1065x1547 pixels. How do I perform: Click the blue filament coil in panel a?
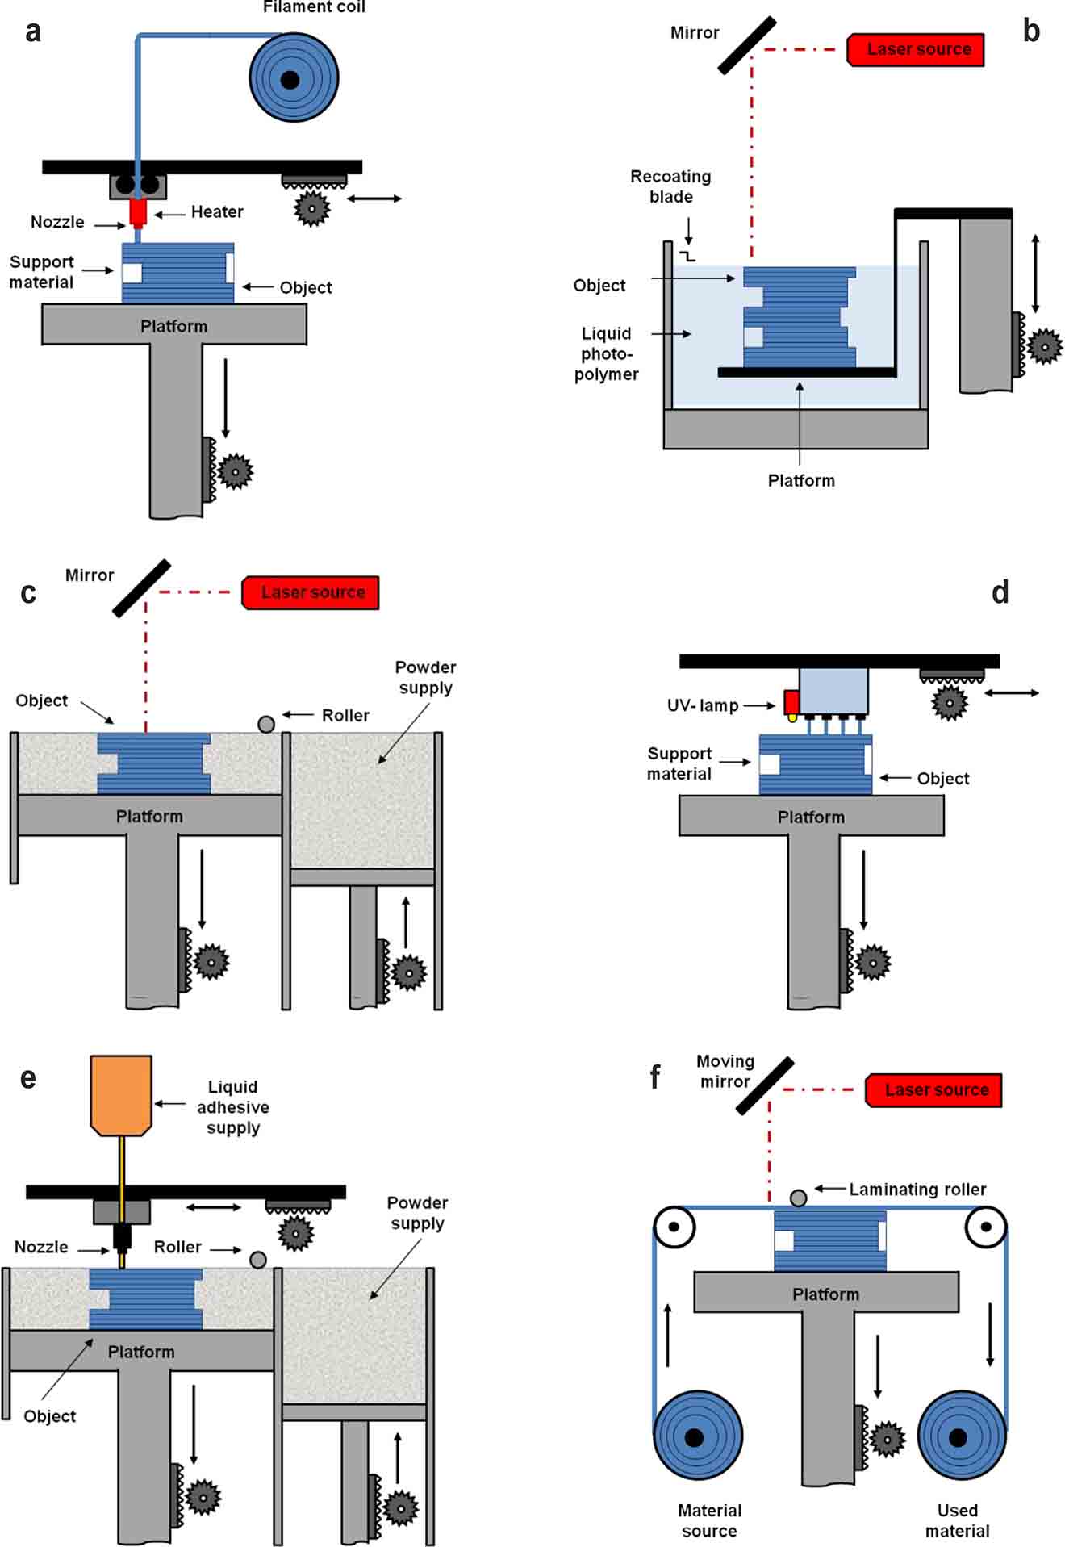pos(294,78)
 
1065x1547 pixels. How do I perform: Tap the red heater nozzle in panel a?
pos(138,213)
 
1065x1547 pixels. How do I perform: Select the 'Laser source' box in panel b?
pos(917,49)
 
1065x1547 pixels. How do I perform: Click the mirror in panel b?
pos(747,46)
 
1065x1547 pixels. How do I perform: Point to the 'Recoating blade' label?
pos(670,186)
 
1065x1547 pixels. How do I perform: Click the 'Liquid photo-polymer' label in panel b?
pos(607,353)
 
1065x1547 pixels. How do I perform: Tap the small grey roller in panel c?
pos(266,724)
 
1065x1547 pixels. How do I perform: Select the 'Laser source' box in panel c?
pos(311,592)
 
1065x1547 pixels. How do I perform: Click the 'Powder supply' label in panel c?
pos(425,677)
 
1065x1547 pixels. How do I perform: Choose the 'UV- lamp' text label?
pos(703,705)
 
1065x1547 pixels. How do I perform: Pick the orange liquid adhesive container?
pos(121,1094)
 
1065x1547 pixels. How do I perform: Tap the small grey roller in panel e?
pos(258,1259)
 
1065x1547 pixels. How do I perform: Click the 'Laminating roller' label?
pos(917,1189)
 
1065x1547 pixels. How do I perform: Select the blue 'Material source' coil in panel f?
pos(697,1435)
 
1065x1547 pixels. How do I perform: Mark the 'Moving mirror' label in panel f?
pos(725,1071)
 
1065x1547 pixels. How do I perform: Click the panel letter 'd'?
pos(1000,592)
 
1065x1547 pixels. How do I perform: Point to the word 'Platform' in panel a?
pos(173,326)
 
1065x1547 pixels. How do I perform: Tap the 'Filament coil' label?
pos(314,7)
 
